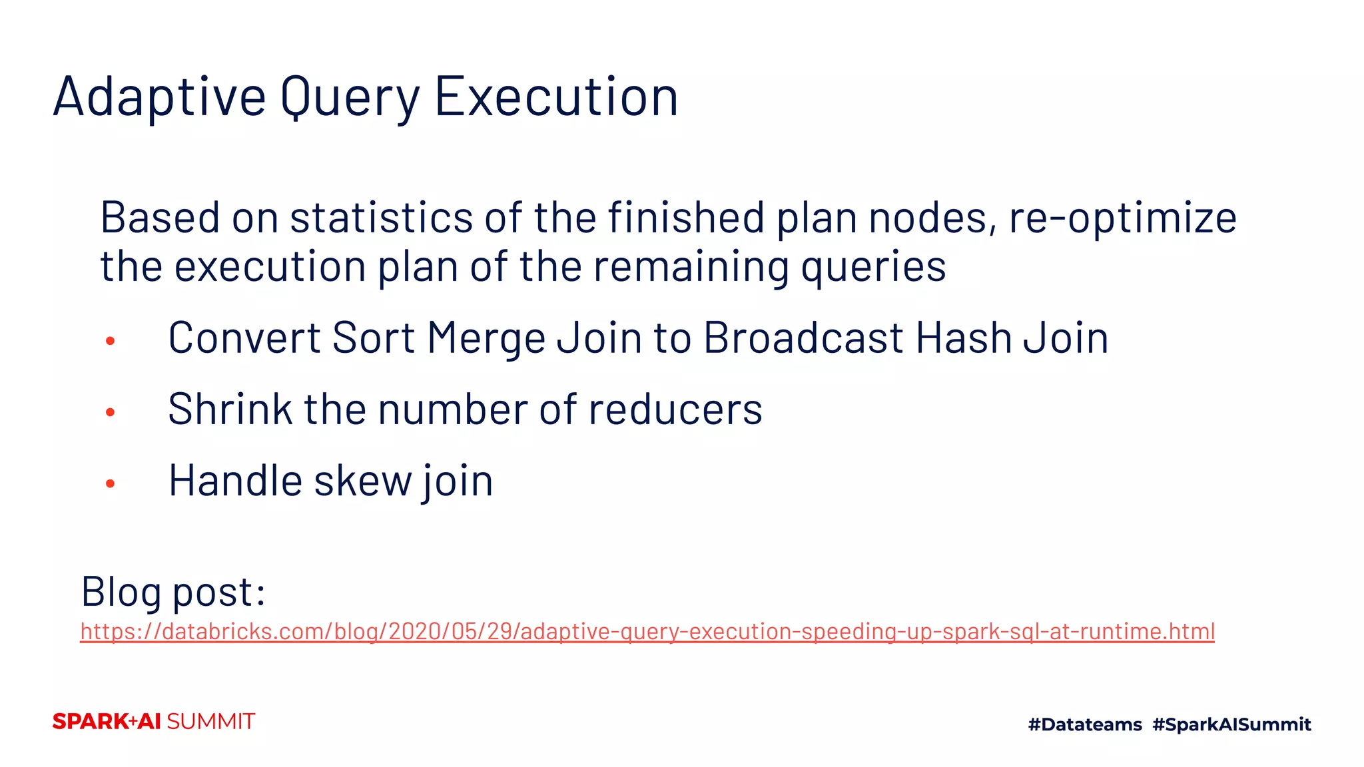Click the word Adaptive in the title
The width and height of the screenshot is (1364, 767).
click(x=160, y=97)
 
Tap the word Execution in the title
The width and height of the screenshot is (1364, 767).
click(x=556, y=97)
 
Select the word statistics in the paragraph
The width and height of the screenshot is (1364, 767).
click(x=381, y=218)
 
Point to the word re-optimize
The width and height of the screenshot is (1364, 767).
click(x=1123, y=218)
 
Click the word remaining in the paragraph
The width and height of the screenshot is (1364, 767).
click(x=691, y=266)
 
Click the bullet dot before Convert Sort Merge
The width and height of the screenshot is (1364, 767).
click(x=111, y=342)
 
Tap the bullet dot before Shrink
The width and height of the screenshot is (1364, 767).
click(x=111, y=413)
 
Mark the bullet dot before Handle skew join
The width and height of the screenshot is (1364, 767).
click(x=111, y=484)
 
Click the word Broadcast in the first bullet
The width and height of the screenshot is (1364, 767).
click(x=803, y=338)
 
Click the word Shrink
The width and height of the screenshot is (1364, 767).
click(x=230, y=409)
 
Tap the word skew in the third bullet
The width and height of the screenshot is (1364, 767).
click(x=363, y=481)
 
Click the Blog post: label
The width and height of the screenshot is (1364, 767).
click(x=173, y=591)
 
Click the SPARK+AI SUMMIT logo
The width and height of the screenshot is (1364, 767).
click(x=154, y=722)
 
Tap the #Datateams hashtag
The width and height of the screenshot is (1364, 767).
click(x=1085, y=724)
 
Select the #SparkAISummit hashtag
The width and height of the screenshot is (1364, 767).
click(x=1231, y=724)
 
